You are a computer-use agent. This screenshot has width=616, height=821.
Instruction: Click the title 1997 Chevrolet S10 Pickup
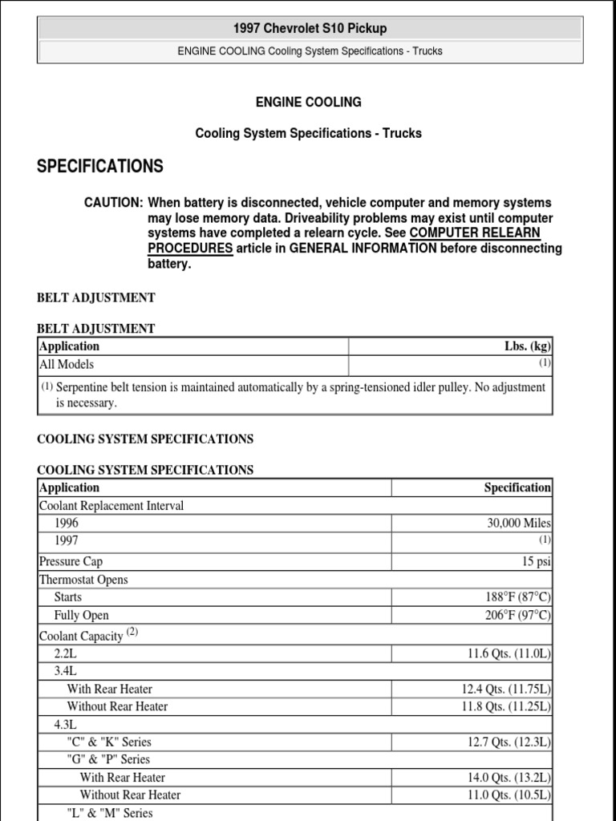tap(310, 29)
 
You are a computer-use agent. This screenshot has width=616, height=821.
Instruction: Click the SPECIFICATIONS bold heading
tap(100, 166)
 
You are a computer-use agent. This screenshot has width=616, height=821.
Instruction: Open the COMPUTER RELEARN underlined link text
tap(475, 233)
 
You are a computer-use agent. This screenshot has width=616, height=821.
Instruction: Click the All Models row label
tap(67, 364)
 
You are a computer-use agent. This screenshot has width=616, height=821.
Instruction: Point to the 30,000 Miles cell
tap(519, 524)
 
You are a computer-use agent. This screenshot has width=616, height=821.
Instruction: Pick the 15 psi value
tap(537, 562)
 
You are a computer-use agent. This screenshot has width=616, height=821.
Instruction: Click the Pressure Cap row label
tap(71, 562)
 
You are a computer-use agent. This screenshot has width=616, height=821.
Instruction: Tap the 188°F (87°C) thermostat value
tap(513, 597)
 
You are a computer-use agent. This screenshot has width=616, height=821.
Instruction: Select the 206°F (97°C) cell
tap(513, 616)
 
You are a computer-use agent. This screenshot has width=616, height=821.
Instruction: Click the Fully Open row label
tap(81, 616)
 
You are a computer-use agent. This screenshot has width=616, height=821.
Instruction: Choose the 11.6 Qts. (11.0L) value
tap(509, 653)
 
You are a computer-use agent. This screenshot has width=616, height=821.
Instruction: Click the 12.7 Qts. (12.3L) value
tap(509, 742)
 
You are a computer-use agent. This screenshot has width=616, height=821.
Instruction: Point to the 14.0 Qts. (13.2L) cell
tap(509, 778)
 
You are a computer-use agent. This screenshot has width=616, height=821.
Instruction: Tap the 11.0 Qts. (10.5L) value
tap(509, 795)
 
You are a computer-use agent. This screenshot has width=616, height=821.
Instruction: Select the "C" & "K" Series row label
tap(109, 742)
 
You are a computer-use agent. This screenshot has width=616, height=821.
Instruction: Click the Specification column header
tap(517, 487)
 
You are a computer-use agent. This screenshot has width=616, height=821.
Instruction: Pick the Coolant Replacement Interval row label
tap(111, 506)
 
